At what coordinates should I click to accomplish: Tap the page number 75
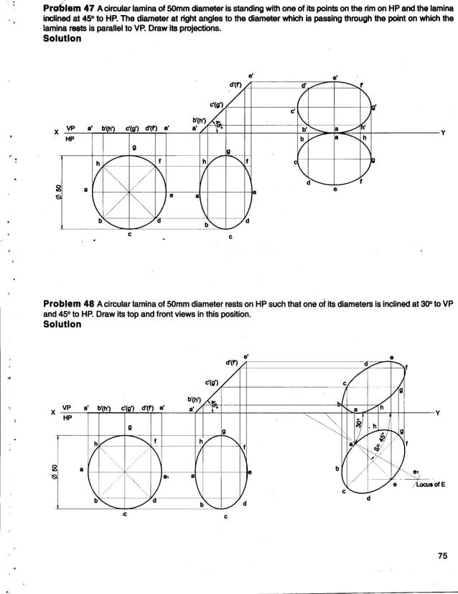(x=441, y=554)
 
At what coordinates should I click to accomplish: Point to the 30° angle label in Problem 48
(x=358, y=424)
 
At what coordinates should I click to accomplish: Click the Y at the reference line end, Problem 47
(x=443, y=133)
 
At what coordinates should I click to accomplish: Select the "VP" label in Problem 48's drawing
(x=67, y=406)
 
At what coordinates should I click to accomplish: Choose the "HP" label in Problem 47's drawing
(x=70, y=139)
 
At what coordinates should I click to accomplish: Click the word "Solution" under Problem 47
(x=63, y=38)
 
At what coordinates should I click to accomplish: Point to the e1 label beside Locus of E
(x=417, y=472)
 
